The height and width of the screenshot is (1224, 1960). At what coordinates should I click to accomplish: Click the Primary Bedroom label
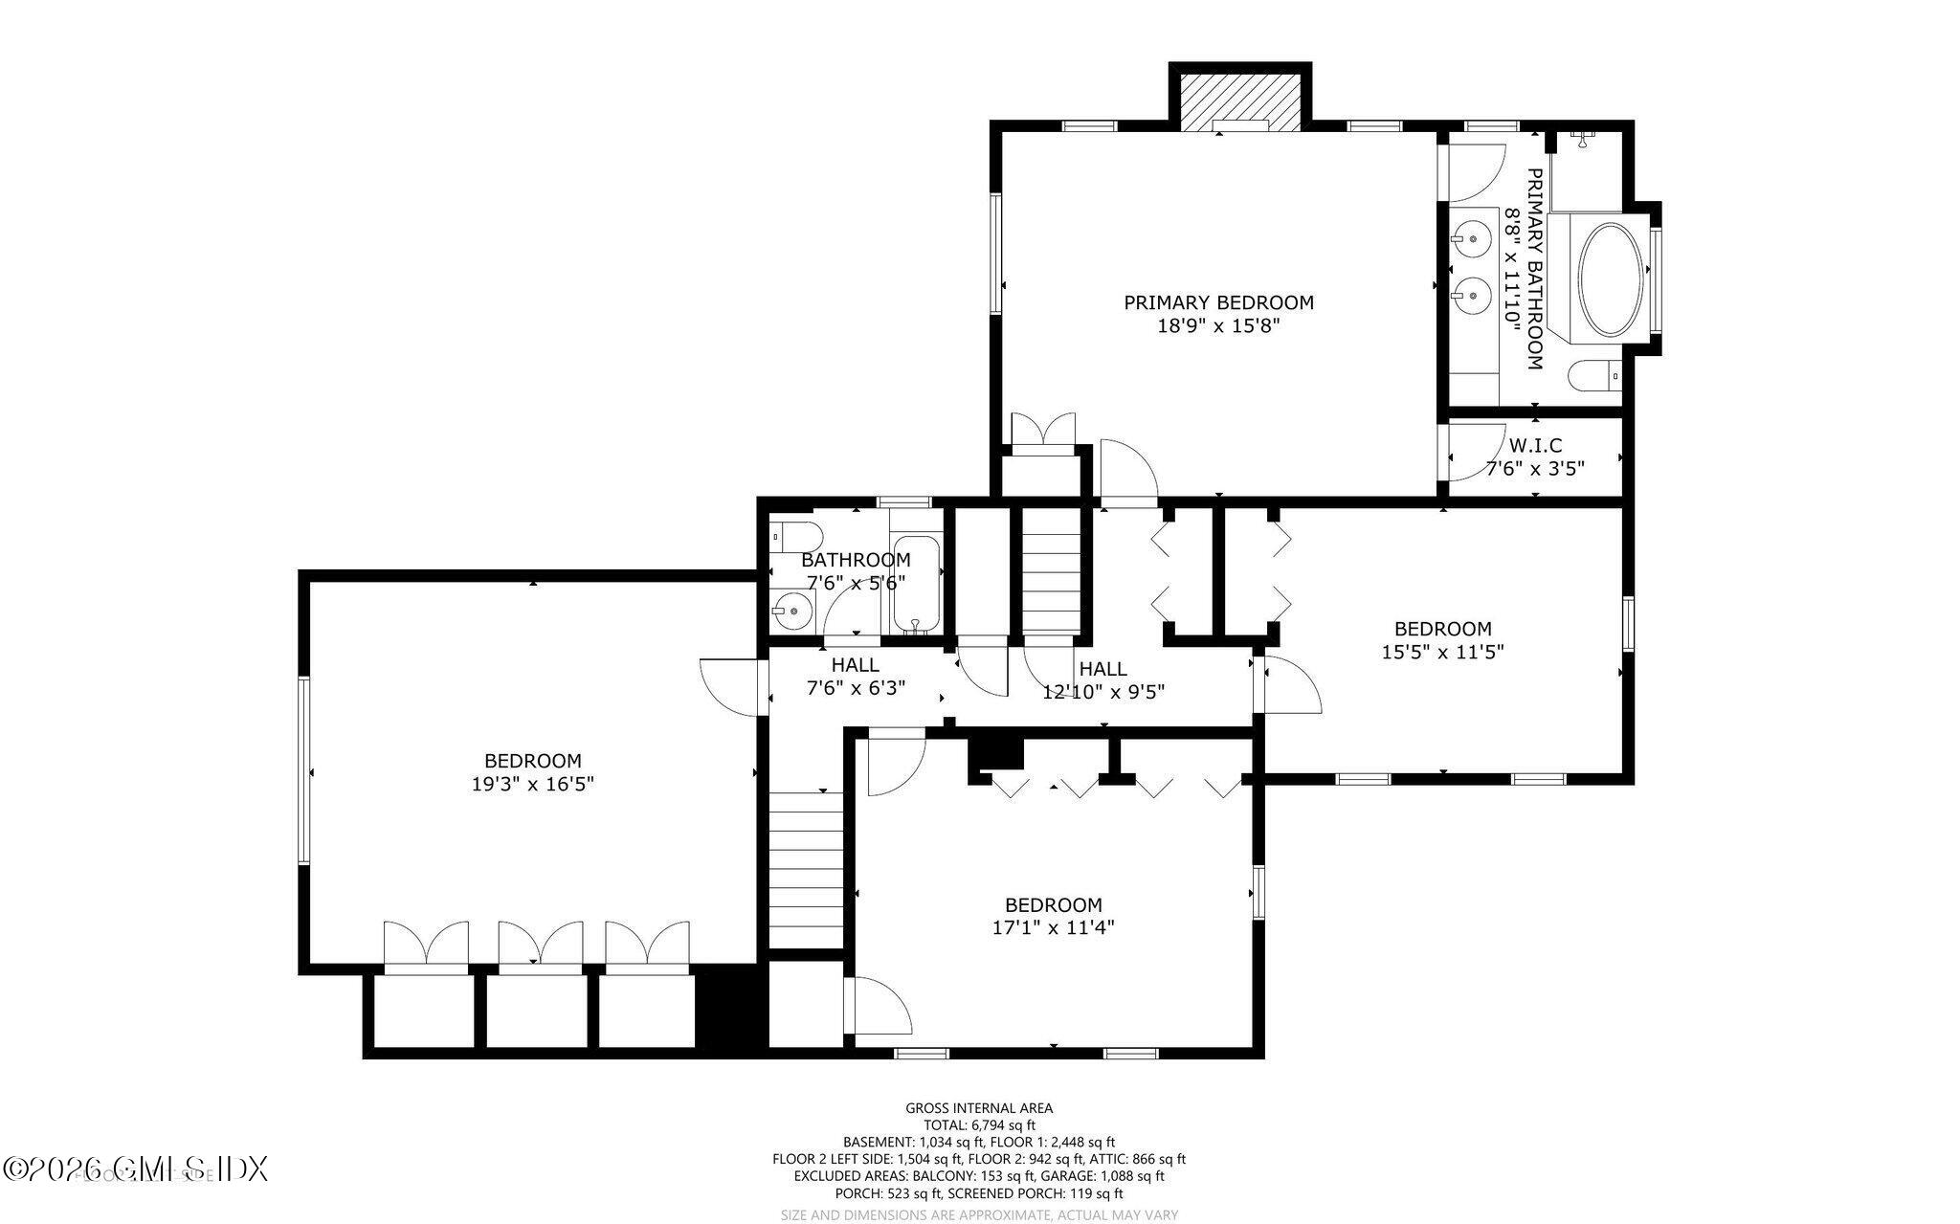[x=1217, y=302]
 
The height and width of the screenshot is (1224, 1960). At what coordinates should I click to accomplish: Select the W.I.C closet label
[x=1535, y=445]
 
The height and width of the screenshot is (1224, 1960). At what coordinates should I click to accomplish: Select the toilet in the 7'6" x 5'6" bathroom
[x=794, y=536]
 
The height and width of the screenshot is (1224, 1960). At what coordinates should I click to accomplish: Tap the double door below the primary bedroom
[x=1043, y=430]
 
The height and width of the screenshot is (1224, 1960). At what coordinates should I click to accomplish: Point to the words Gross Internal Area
[x=979, y=1108]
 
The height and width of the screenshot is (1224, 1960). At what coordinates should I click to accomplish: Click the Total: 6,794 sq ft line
[x=979, y=1125]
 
